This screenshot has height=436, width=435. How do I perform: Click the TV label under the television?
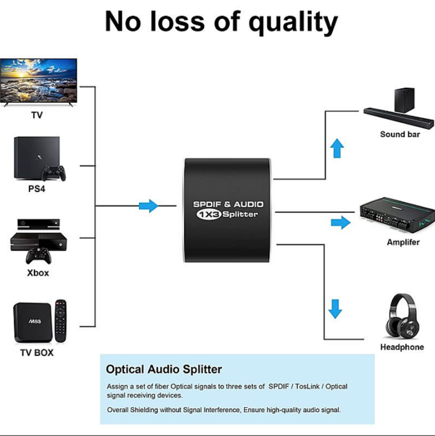[x=37, y=116]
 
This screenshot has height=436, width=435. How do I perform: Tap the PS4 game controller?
[x=54, y=173]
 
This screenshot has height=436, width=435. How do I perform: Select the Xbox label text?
[x=38, y=273]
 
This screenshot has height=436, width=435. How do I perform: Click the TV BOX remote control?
[x=60, y=321]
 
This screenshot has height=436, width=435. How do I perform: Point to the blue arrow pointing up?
[x=337, y=148]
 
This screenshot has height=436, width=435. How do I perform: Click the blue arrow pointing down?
[x=334, y=308]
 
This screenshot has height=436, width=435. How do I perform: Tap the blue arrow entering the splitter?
[x=148, y=206]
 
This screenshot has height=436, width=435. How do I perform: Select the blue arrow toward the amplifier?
[x=341, y=223]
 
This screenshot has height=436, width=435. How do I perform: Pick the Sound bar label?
[x=400, y=134]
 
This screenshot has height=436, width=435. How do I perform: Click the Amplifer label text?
[x=403, y=242]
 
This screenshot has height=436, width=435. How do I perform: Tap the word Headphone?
[x=402, y=347]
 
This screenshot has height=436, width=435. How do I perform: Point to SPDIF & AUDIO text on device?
[x=228, y=204]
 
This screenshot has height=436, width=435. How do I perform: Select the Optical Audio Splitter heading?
[x=164, y=369]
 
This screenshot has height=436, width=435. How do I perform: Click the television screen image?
[x=39, y=78]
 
